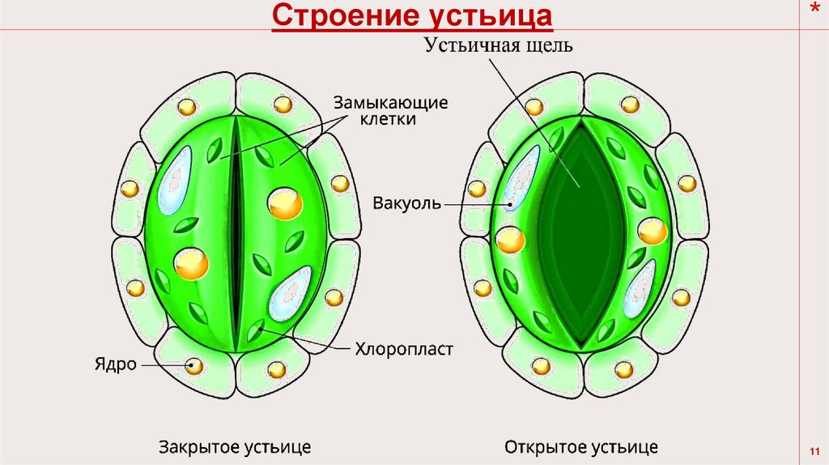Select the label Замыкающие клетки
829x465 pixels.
pos(389,111)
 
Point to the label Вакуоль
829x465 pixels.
pos(407,202)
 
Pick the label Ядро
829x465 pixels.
pos(119,365)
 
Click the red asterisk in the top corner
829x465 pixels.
pos(814,11)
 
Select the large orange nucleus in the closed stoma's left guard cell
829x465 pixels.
pos(192,263)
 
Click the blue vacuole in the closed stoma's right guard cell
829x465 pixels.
pos(287,294)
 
